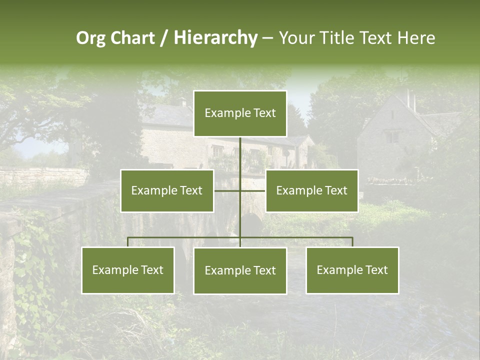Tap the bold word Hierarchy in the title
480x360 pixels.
tap(215, 38)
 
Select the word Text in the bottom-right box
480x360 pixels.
tap(376, 270)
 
